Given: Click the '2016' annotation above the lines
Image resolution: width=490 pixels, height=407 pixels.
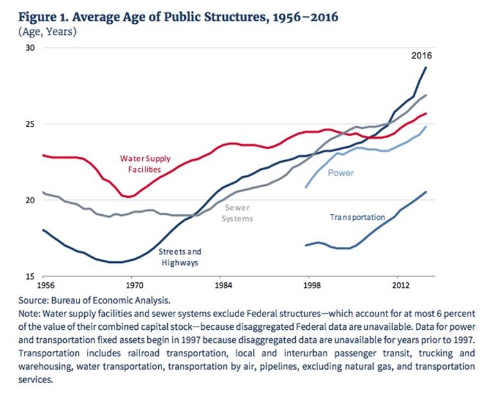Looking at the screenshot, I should pyautogui.click(x=422, y=56).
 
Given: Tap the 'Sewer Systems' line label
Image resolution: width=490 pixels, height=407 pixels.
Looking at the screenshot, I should pyautogui.click(x=237, y=213).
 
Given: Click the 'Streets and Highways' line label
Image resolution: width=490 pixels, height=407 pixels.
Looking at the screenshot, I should pyautogui.click(x=180, y=257).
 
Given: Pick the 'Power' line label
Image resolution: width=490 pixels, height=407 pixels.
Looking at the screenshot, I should pyautogui.click(x=341, y=173).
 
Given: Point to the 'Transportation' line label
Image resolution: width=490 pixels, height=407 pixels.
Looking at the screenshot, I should pyautogui.click(x=358, y=217).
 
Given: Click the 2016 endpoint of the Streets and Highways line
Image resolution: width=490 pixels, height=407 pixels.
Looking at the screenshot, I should pyautogui.click(x=426, y=68).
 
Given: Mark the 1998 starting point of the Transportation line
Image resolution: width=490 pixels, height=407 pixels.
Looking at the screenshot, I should pyautogui.click(x=305, y=245).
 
